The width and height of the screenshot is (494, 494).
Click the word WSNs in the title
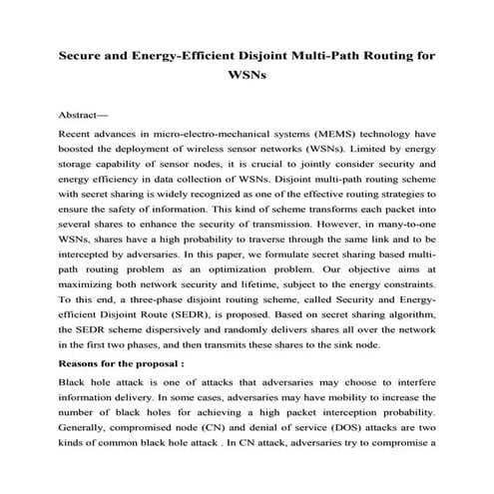pos(247,76)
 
